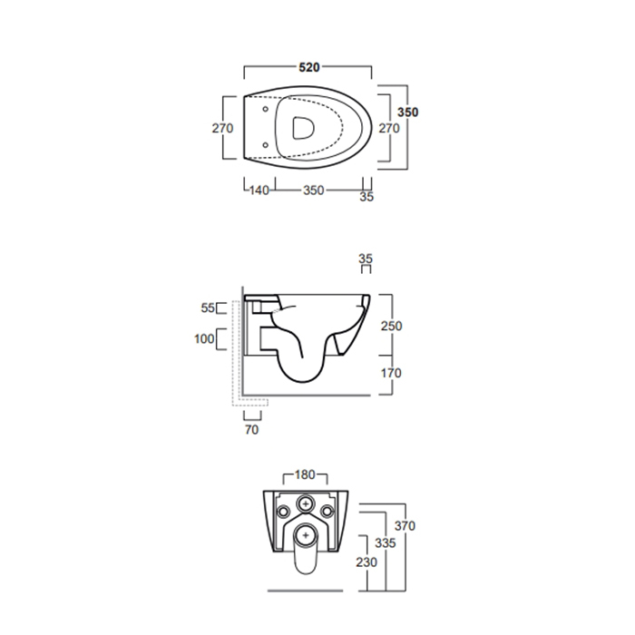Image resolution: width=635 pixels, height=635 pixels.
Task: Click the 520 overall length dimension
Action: [309, 68]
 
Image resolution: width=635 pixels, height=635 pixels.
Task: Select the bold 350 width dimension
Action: [408, 112]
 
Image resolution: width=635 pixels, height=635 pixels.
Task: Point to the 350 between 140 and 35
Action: [313, 191]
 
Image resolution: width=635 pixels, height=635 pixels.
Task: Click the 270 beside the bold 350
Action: [388, 129]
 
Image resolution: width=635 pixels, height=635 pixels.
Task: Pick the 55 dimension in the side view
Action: [208, 308]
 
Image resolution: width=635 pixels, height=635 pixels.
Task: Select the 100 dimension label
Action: [204, 339]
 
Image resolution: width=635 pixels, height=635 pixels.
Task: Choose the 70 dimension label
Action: [251, 429]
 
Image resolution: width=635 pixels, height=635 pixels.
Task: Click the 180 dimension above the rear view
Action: [306, 474]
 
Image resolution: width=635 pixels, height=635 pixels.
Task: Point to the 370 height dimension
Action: [405, 526]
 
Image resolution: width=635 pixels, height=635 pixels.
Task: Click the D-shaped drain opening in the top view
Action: [299, 128]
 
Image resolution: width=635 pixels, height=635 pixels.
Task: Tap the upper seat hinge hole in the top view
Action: [264, 112]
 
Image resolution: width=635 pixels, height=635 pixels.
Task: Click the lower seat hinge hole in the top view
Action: [264, 144]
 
